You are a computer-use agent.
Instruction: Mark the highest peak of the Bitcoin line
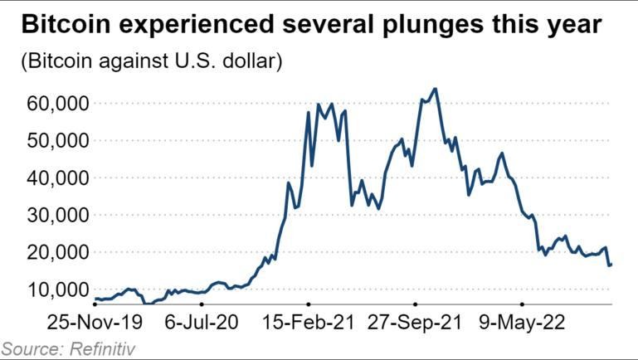click(436, 89)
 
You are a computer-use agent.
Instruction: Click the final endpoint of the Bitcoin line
click(611, 265)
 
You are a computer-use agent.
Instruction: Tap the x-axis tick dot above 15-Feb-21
click(308, 304)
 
